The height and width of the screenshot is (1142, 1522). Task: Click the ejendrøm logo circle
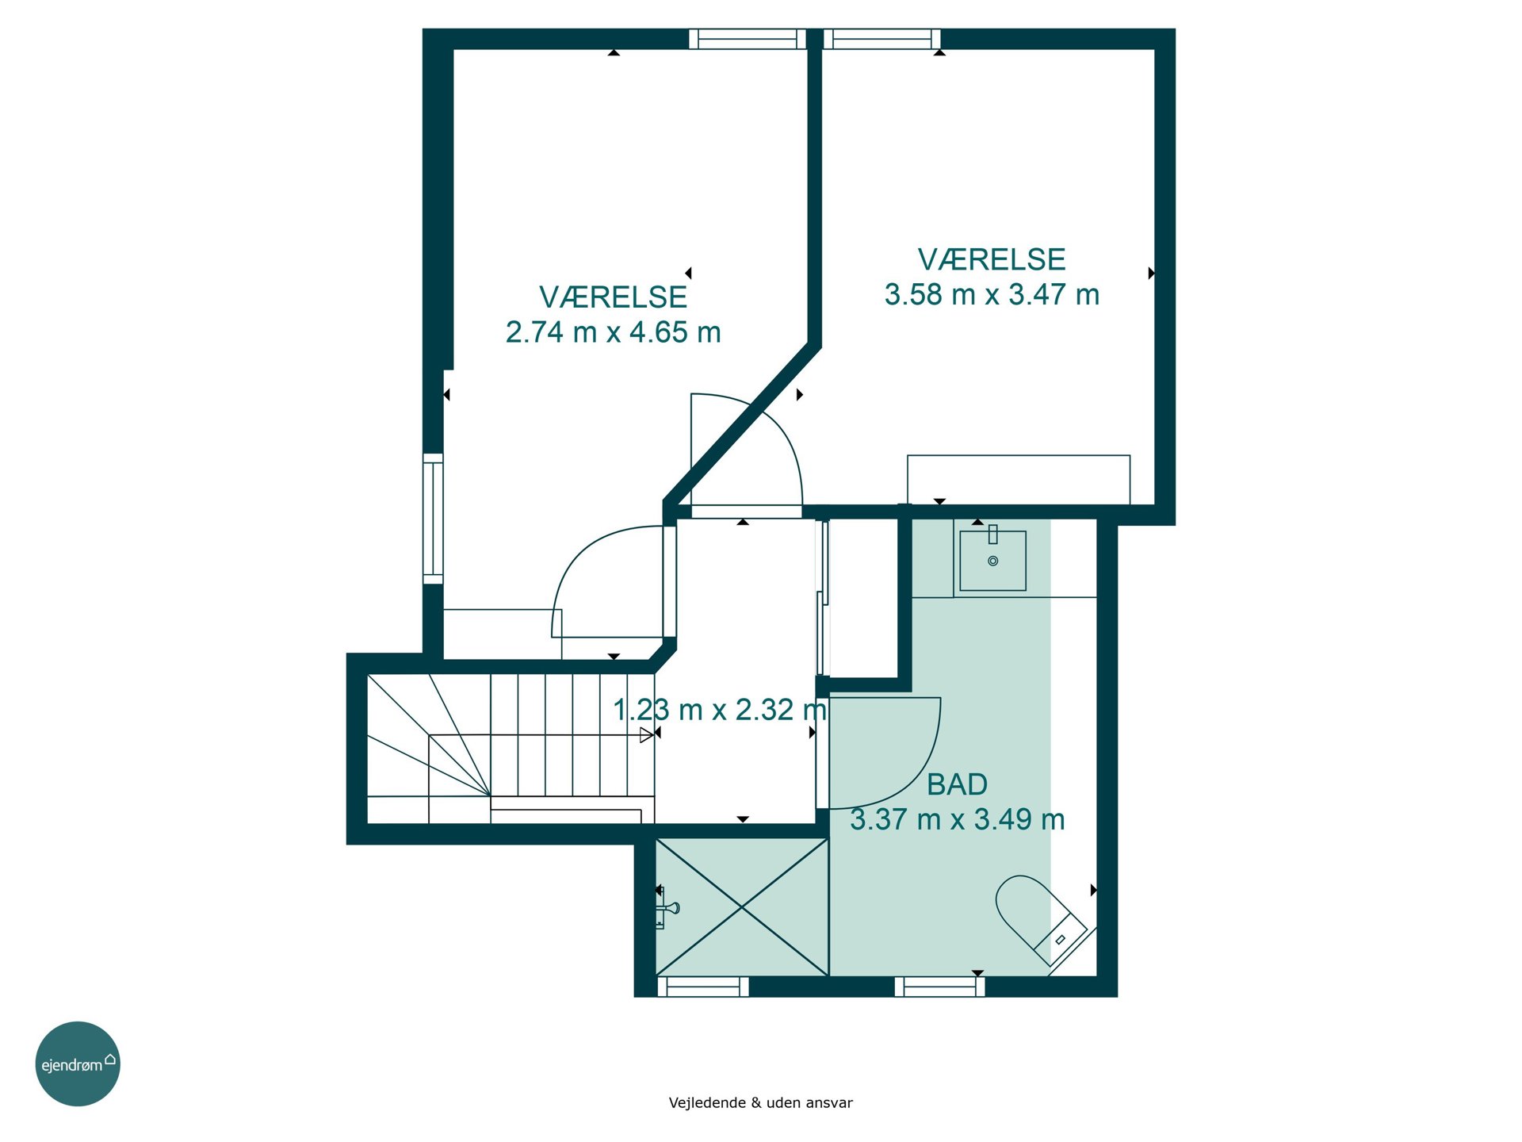pos(78,1063)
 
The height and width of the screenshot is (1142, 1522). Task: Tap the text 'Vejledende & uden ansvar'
pos(760,1102)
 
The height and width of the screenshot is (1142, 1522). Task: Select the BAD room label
pos(957,784)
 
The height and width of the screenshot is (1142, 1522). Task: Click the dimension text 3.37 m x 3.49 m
pos(957,819)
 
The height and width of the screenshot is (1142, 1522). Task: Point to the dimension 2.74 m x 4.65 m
pos(613,332)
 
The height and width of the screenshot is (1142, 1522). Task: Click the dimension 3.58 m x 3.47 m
pos(992,294)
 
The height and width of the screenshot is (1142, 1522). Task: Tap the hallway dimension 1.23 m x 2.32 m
pos(720,710)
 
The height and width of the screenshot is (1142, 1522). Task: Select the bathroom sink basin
pos(992,561)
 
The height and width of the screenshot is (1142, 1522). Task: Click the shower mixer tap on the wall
pos(666,908)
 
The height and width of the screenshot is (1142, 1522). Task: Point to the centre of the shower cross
pos(742,907)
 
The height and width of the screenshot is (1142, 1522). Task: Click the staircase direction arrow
pos(647,735)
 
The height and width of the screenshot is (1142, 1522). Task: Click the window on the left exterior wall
pos(433,519)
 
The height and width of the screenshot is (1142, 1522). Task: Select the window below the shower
pos(703,987)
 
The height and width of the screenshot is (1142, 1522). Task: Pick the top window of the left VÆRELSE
pos(748,39)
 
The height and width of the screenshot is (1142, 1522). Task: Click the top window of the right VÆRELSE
pos(881,39)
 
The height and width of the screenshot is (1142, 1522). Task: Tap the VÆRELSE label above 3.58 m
pos(992,259)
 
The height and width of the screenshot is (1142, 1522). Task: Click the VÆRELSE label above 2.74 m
pos(613,297)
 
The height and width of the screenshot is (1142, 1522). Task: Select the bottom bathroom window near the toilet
pos(940,987)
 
